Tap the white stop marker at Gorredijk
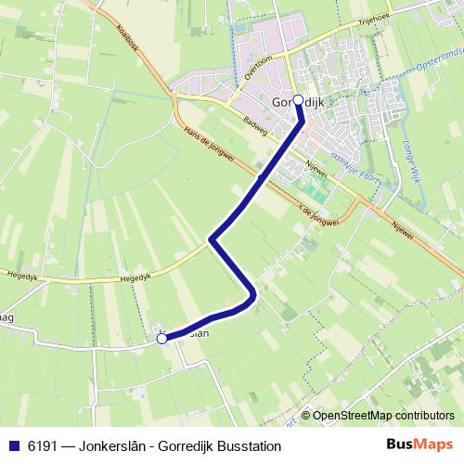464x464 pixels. coord(298,100)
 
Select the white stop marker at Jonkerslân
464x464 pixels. coord(162,340)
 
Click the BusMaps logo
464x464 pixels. coord(421,445)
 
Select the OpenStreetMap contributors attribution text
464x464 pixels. coord(381,416)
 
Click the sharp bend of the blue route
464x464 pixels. coord(213,240)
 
